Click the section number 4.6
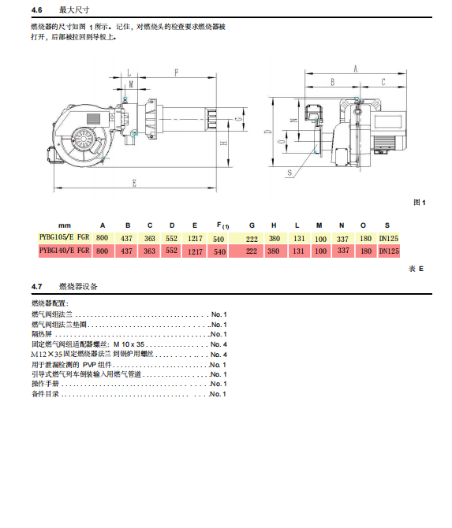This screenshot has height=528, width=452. [x=37, y=10]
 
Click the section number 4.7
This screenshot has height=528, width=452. [x=37, y=287]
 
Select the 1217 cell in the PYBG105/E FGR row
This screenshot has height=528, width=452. [x=195, y=239]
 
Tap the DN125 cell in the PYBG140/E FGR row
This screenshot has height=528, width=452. [x=389, y=251]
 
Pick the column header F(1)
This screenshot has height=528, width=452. [x=222, y=225]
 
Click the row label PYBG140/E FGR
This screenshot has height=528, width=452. [x=65, y=251]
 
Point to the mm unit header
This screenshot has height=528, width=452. [x=65, y=225]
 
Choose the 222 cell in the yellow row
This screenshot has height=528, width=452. [x=252, y=239]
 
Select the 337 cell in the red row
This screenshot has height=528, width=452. [x=343, y=251]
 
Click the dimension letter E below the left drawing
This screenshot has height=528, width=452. [x=134, y=183]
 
